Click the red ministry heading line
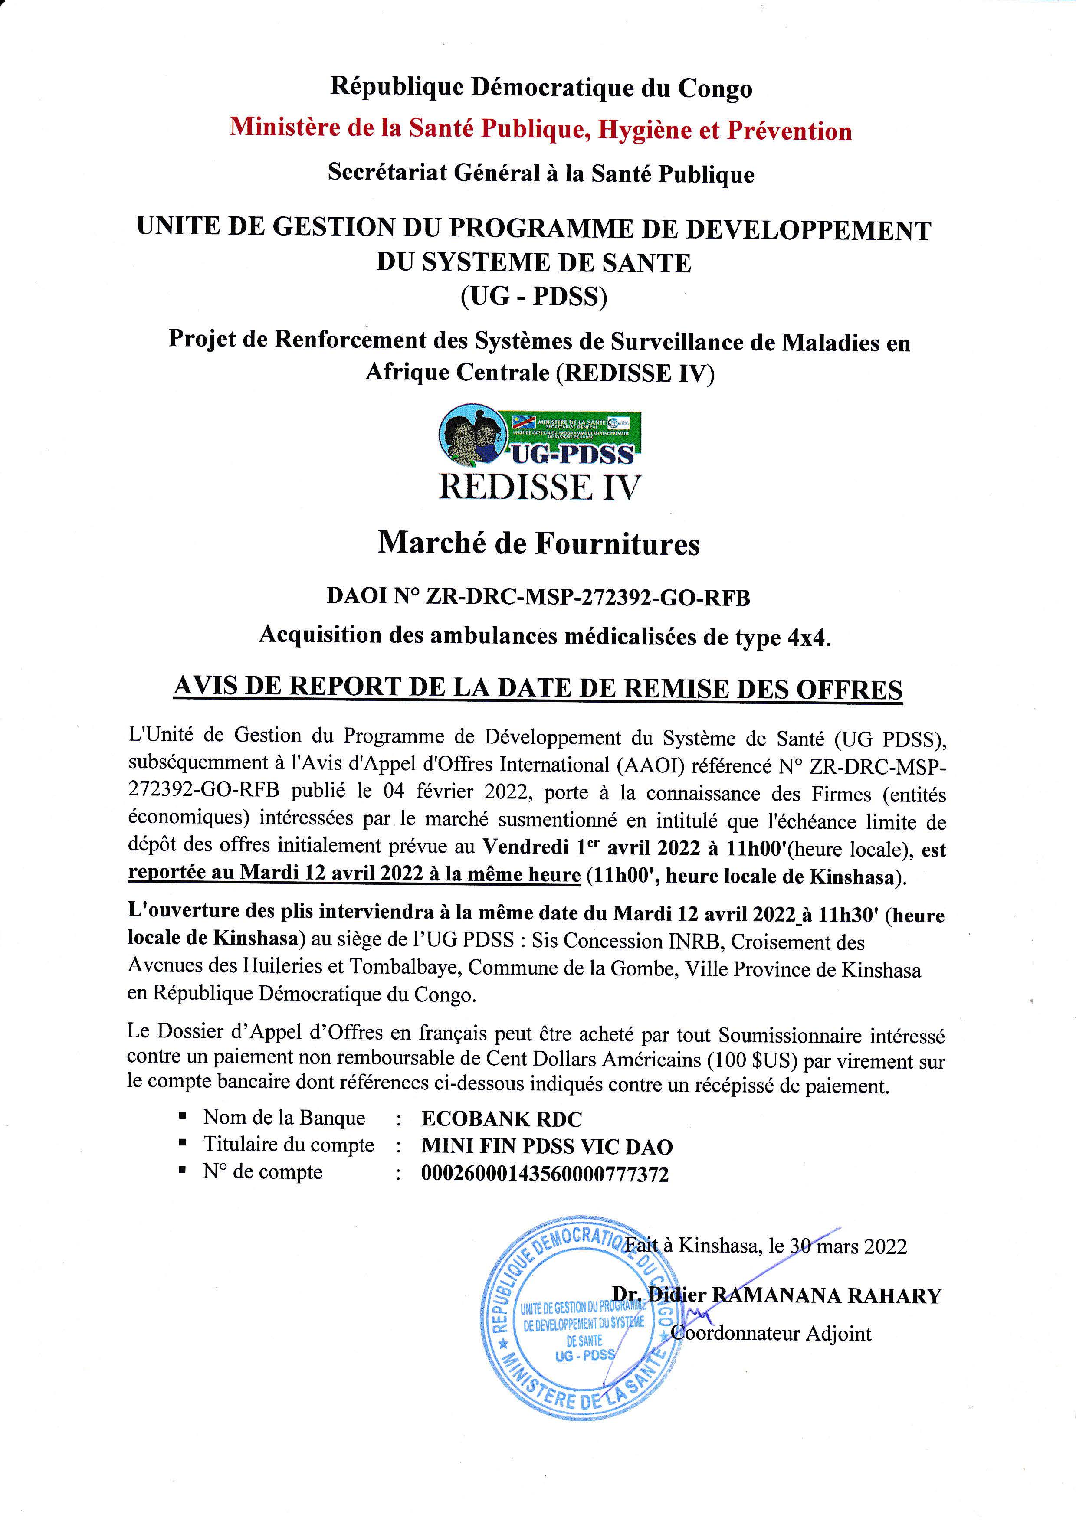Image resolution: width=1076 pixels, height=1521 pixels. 541,129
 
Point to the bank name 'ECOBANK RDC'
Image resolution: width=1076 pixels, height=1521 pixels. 502,1119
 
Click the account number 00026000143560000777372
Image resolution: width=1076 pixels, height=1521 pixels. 545,1174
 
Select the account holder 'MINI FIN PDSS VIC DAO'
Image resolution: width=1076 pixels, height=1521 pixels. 547,1147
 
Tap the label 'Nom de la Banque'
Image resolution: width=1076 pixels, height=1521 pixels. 284,1118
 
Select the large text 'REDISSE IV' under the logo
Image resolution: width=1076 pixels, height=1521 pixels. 540,487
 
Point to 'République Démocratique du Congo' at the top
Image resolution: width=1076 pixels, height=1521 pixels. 541,88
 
